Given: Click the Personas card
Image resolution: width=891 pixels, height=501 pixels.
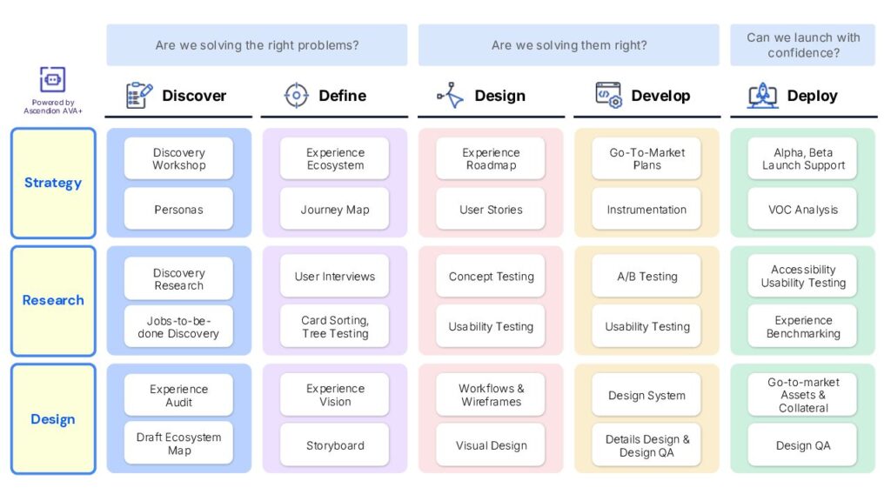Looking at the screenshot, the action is pyautogui.click(x=178, y=209).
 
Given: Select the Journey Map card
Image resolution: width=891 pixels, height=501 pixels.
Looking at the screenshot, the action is pyautogui.click(x=335, y=209).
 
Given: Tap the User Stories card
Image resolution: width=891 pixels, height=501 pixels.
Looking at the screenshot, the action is pyautogui.click(x=491, y=209).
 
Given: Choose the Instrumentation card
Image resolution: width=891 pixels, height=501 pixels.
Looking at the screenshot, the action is pyautogui.click(x=646, y=209).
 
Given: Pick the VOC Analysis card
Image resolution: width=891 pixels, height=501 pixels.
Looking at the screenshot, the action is pyautogui.click(x=802, y=209).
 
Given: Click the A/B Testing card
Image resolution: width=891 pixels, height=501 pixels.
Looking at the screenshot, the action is pyautogui.click(x=646, y=276).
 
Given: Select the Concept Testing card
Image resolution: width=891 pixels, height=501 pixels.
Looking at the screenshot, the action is pyautogui.click(x=491, y=276).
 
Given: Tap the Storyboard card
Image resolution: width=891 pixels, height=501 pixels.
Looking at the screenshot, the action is pyautogui.click(x=335, y=445).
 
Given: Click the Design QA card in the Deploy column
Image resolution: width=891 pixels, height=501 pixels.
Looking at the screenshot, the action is pyautogui.click(x=802, y=445).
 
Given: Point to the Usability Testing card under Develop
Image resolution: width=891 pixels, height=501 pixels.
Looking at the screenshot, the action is pyautogui.click(x=646, y=326).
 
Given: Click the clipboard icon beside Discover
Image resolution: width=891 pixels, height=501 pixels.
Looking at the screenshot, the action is pyautogui.click(x=138, y=95).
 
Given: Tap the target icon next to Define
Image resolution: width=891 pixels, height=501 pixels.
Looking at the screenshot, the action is pyautogui.click(x=296, y=95).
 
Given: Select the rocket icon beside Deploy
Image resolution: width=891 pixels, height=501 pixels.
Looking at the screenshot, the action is pyautogui.click(x=762, y=95).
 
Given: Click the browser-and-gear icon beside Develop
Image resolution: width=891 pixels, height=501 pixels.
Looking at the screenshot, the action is pyautogui.click(x=608, y=95).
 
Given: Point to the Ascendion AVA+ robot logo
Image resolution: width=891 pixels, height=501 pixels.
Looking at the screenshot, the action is pyautogui.click(x=52, y=79).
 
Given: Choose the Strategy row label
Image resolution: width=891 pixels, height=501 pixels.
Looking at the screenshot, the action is pyautogui.click(x=53, y=183).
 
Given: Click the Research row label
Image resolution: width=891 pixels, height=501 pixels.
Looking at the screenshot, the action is pyautogui.click(x=53, y=300).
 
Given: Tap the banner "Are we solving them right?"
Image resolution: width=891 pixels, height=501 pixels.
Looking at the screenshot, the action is pyautogui.click(x=569, y=45).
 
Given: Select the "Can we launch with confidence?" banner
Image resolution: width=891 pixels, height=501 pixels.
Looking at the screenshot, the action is pyautogui.click(x=802, y=45).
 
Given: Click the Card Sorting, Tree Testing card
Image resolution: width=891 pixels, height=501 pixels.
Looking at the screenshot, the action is pyautogui.click(x=335, y=326).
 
